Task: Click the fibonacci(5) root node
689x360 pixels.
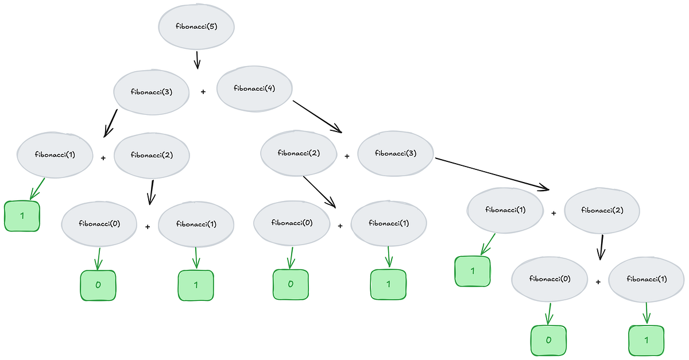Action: pos(196,27)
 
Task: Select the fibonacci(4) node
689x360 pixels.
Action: pos(254,88)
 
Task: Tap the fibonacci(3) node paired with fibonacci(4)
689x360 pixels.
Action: pos(152,91)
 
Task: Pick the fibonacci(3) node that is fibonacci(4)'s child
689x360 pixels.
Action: pos(396,153)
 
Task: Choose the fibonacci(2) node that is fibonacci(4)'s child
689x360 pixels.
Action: pos(298,153)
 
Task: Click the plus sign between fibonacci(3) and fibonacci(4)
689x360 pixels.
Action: pos(203,91)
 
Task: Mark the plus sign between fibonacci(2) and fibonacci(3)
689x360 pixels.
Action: pos(347,156)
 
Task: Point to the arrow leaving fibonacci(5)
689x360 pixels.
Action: pos(197,60)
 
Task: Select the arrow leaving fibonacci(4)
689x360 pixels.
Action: pos(317,117)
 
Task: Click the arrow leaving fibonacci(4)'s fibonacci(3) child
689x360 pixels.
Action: pos(491,173)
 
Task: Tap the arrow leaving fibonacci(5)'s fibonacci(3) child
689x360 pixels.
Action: pos(111,123)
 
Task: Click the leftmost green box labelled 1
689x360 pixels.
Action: pos(22,216)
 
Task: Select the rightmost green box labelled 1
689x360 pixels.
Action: pos(647,340)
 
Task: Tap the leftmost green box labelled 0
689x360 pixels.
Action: pos(98,284)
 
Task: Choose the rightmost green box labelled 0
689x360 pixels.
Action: pos(548,340)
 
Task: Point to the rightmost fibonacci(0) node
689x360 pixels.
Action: pos(550,279)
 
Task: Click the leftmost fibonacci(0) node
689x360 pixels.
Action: pos(99,224)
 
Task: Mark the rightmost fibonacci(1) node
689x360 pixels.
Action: pos(647,279)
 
